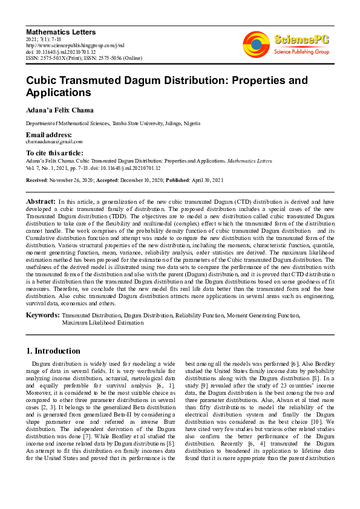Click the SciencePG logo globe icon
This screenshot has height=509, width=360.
tap(256, 44)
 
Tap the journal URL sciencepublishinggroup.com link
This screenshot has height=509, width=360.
tap(76, 45)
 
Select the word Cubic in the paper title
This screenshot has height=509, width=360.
tap(43, 80)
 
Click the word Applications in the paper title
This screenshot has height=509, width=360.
tap(59, 93)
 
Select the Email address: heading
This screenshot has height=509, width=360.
tap(48, 134)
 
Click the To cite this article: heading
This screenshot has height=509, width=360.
tap(54, 154)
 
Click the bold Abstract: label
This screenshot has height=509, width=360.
tap(41, 200)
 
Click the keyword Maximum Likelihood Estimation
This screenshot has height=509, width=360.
tap(103, 323)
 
